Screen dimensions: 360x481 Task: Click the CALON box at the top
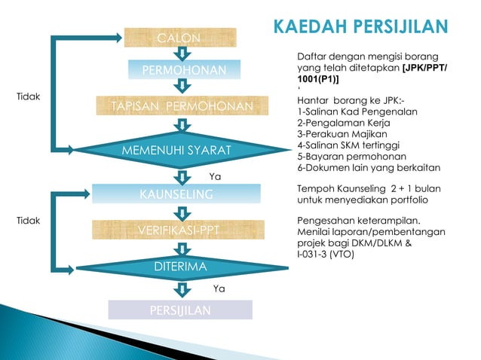click(x=179, y=38)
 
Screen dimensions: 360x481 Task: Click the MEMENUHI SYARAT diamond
click(x=181, y=151)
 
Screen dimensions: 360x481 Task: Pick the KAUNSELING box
click(x=176, y=194)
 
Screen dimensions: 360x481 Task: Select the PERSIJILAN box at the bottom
click(x=179, y=310)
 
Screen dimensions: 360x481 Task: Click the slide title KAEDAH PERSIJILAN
click(x=360, y=26)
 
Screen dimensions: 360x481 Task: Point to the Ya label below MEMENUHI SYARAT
click(x=214, y=177)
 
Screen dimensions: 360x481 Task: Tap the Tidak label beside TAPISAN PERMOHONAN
click(x=28, y=97)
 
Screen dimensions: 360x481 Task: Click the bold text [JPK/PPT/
click(x=424, y=68)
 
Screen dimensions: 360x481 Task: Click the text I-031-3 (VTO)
click(x=326, y=254)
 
